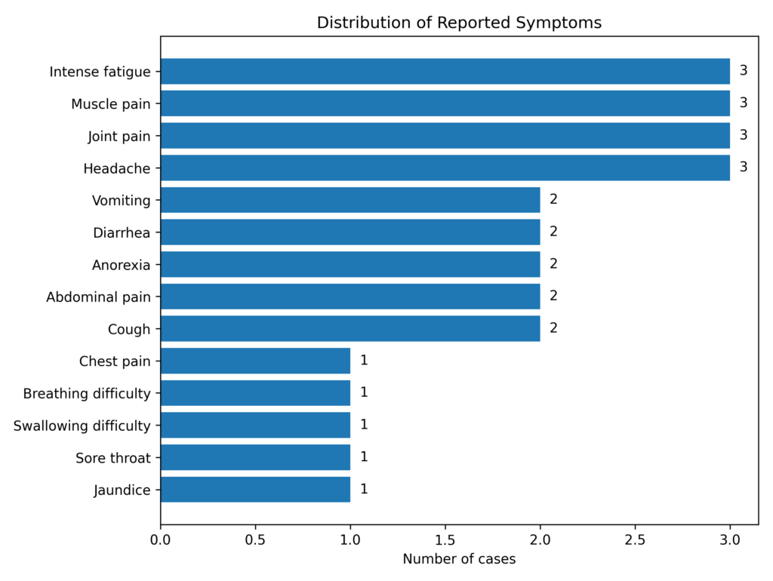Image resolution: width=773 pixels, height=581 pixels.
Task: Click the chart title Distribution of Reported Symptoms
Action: tap(459, 23)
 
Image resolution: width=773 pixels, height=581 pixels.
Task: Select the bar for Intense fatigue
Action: tap(445, 71)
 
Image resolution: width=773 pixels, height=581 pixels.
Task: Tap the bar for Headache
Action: tap(445, 168)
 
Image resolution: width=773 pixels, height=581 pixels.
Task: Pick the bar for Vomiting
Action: tap(350, 200)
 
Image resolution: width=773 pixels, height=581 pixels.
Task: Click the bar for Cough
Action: tap(350, 328)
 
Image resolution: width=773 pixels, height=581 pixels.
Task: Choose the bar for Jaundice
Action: tap(255, 489)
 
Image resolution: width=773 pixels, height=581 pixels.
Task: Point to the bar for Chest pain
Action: tap(255, 361)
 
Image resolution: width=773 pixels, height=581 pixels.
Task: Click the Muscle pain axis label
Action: tap(111, 104)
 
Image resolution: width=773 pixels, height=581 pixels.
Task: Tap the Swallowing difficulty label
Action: tap(82, 426)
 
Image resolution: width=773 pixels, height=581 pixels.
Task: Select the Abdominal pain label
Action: tap(98, 297)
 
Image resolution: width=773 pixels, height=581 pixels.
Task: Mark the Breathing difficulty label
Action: tap(87, 393)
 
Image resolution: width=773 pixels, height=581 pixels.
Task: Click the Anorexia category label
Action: tap(121, 265)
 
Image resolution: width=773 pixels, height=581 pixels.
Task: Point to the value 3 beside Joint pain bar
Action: tap(743, 135)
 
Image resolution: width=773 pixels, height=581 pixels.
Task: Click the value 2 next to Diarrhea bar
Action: tap(553, 232)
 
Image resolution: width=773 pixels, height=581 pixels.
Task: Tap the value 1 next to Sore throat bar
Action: tap(364, 456)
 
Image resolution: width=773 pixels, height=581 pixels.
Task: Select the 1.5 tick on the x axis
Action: tap(445, 539)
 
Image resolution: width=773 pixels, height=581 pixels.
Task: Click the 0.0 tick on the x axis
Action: tap(160, 539)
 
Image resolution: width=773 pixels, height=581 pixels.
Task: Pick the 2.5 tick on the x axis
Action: tap(635, 539)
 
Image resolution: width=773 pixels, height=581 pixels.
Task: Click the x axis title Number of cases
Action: tap(459, 559)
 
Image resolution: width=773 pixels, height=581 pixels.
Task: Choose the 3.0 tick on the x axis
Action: tap(729, 539)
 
